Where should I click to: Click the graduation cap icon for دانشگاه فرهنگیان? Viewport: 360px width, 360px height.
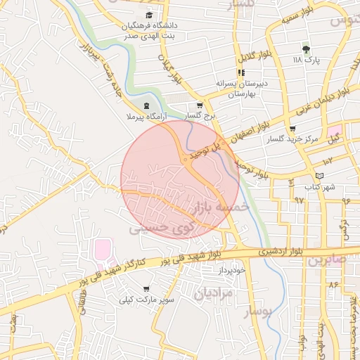pos(148,15)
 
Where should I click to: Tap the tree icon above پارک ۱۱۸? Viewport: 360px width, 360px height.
pos(306,49)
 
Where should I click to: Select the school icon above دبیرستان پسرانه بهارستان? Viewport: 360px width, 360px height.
pos(240,72)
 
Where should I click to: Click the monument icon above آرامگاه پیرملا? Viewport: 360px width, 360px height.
pos(146,105)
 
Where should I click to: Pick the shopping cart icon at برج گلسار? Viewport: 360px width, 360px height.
pos(200,105)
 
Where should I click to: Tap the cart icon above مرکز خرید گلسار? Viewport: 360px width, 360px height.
pos(292,129)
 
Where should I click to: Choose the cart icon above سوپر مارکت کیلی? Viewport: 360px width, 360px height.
pos(146,288)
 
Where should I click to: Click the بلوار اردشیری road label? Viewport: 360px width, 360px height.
pos(259,250)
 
